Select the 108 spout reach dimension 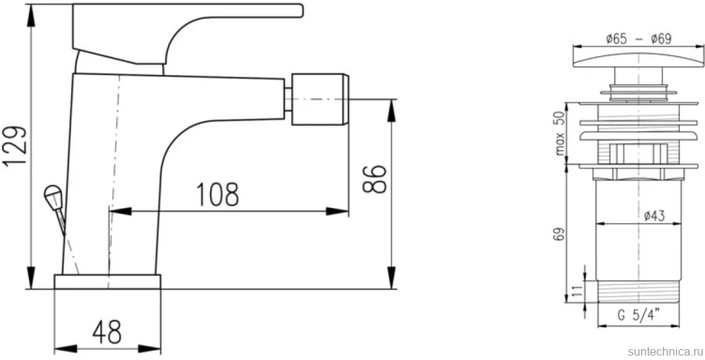click(217, 194)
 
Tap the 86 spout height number click(375, 179)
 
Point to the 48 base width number click(107, 332)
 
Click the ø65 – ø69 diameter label click(638, 39)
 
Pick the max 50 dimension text click(560, 134)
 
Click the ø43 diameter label click(654, 217)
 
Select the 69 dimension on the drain click(560, 234)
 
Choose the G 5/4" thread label click(638, 316)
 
